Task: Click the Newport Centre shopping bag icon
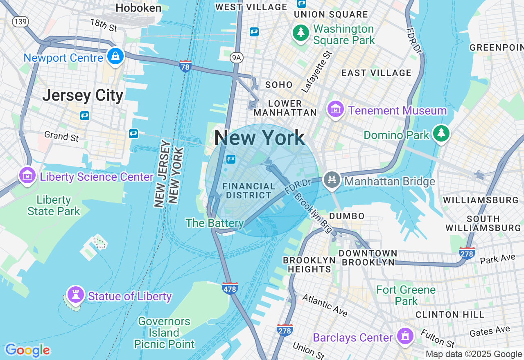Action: [x=115, y=56]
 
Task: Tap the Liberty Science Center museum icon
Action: [x=27, y=175]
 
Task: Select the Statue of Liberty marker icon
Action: [x=75, y=295]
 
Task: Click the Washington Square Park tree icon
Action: [x=301, y=33]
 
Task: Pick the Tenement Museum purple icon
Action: [x=336, y=109]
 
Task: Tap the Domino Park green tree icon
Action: [x=441, y=133]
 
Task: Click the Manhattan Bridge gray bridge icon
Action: [x=332, y=180]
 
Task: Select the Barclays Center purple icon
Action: [x=405, y=336]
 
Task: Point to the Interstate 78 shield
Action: [x=185, y=66]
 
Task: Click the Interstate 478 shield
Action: [x=230, y=288]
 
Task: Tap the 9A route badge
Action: [x=237, y=58]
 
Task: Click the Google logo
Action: [x=27, y=350]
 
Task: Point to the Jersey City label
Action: [x=83, y=95]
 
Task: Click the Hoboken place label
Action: [x=138, y=8]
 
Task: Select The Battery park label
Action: [x=215, y=223]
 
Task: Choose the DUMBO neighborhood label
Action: [x=347, y=216]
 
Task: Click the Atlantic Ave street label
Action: [x=325, y=305]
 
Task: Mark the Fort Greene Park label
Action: [x=406, y=295]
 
